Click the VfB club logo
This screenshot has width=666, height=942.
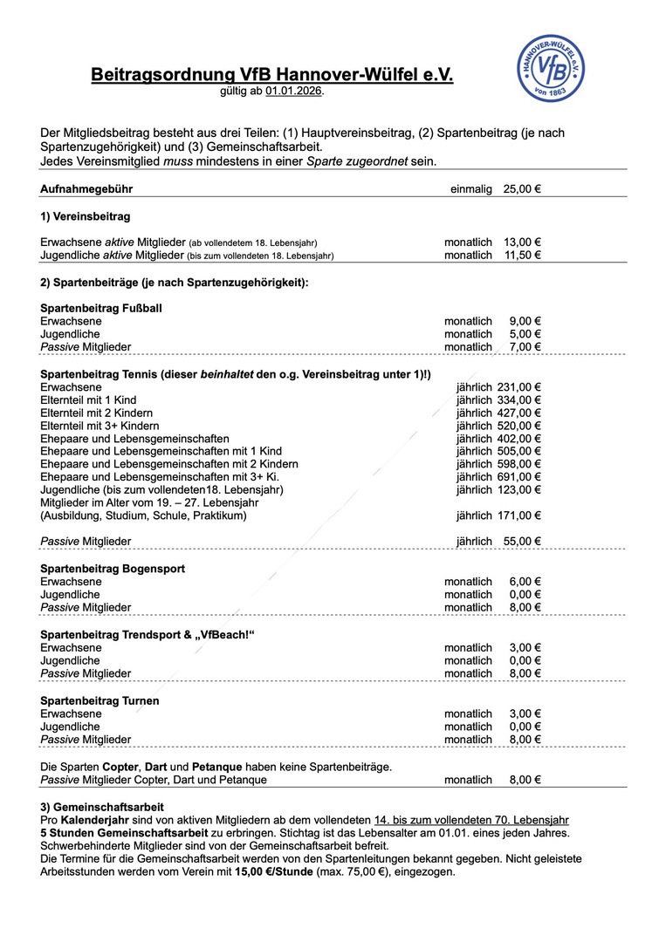tap(551, 69)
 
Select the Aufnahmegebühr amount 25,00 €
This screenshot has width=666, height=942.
tap(522, 189)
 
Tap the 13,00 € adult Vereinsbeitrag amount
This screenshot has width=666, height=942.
tap(522, 242)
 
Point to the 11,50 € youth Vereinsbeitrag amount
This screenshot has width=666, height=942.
tap(522, 255)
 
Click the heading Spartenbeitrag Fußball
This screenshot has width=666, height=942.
tap(101, 308)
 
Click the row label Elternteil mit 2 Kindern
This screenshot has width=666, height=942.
tap(97, 413)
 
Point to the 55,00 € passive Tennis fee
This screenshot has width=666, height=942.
tap(522, 542)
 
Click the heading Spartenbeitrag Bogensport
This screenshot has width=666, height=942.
tap(113, 569)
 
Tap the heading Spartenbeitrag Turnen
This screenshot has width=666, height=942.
tap(100, 700)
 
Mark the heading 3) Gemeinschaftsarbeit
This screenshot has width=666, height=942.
tap(102, 807)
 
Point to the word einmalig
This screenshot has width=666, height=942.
tap(471, 189)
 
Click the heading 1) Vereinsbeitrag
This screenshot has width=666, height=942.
tap(86, 215)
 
